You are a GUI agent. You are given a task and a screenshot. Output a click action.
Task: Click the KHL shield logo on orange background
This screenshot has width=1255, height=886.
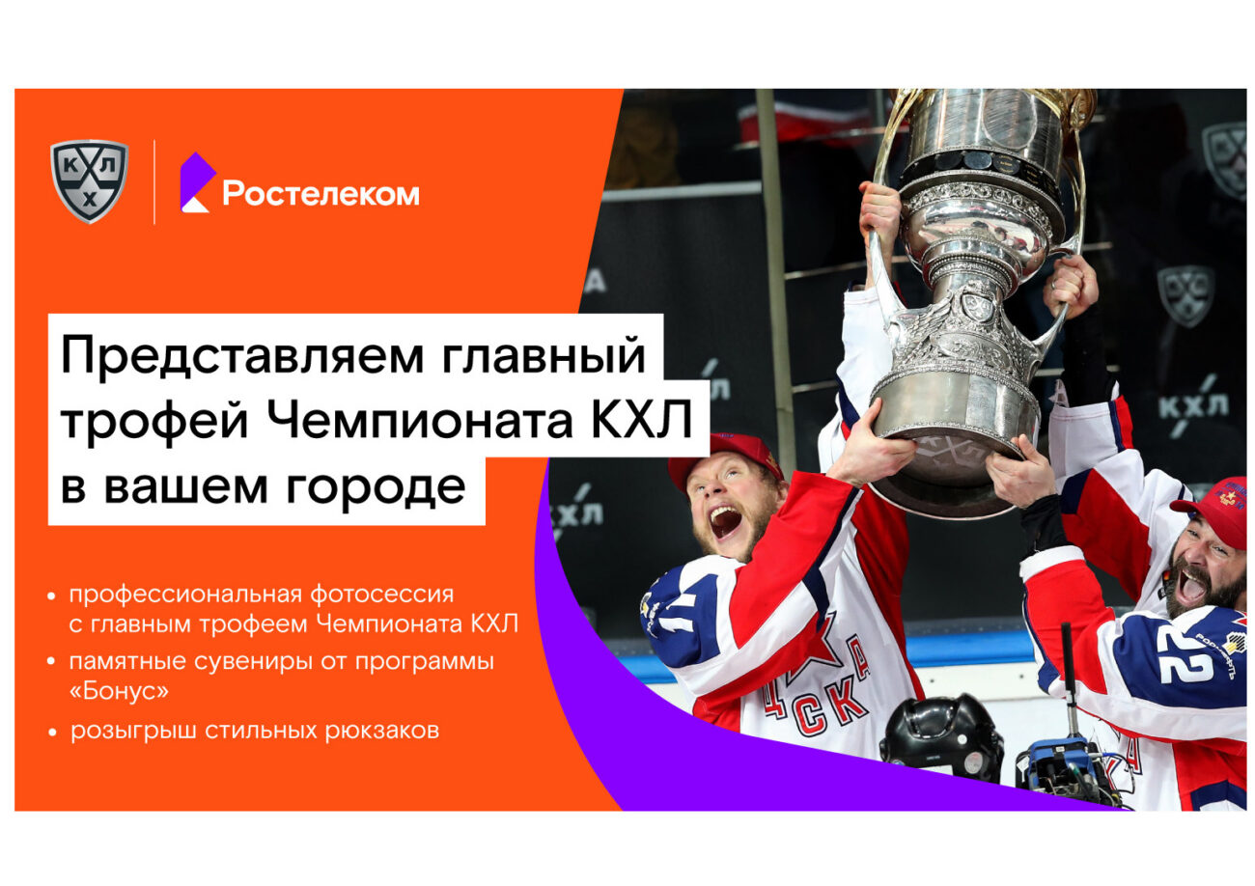coord(89,180)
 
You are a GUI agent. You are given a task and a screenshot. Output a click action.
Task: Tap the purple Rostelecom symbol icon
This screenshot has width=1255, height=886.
coord(197,182)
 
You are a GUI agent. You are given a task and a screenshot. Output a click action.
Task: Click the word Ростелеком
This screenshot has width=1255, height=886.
coord(321,194)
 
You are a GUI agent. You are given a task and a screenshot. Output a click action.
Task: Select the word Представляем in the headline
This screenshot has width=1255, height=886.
coord(242,356)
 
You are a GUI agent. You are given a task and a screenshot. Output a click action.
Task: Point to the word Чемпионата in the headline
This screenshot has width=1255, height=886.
coord(420,420)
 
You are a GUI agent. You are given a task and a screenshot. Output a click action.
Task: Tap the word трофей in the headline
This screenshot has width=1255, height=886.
coord(154,422)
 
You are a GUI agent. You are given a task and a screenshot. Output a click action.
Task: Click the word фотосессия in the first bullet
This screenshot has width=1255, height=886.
coord(381,595)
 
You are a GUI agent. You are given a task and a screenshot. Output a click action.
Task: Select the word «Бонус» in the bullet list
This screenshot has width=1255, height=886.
coord(119,691)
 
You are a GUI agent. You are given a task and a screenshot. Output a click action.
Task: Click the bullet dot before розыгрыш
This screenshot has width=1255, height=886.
coord(53,732)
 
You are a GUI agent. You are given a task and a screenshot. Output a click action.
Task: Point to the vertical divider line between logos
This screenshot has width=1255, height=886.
coord(154,182)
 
